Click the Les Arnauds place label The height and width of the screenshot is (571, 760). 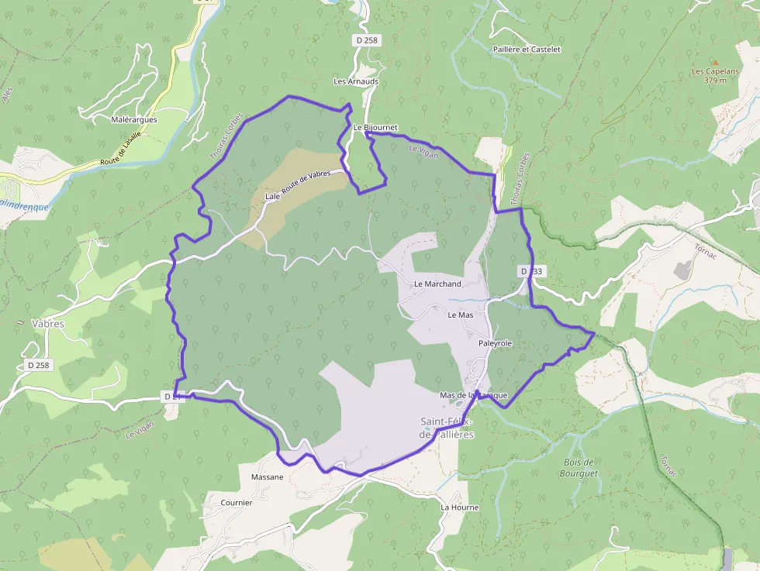click(x=356, y=81)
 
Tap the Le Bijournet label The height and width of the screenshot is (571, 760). click(x=375, y=127)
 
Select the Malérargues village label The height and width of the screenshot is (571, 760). click(x=134, y=119)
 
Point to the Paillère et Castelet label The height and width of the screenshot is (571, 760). click(x=526, y=49)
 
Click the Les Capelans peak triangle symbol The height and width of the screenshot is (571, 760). click(x=714, y=63)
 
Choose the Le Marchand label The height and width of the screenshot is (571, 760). click(x=437, y=284)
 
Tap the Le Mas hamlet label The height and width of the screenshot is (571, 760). click(x=461, y=315)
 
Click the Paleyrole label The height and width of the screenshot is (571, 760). click(x=496, y=342)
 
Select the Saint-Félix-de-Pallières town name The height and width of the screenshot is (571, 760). click(x=447, y=428)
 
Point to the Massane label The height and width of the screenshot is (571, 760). click(x=267, y=476)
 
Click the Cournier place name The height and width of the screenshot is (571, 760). click(x=237, y=502)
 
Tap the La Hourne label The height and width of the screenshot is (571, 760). click(x=460, y=507)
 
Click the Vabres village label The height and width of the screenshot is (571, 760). click(x=48, y=323)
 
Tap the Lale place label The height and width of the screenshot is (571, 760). click(x=272, y=197)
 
